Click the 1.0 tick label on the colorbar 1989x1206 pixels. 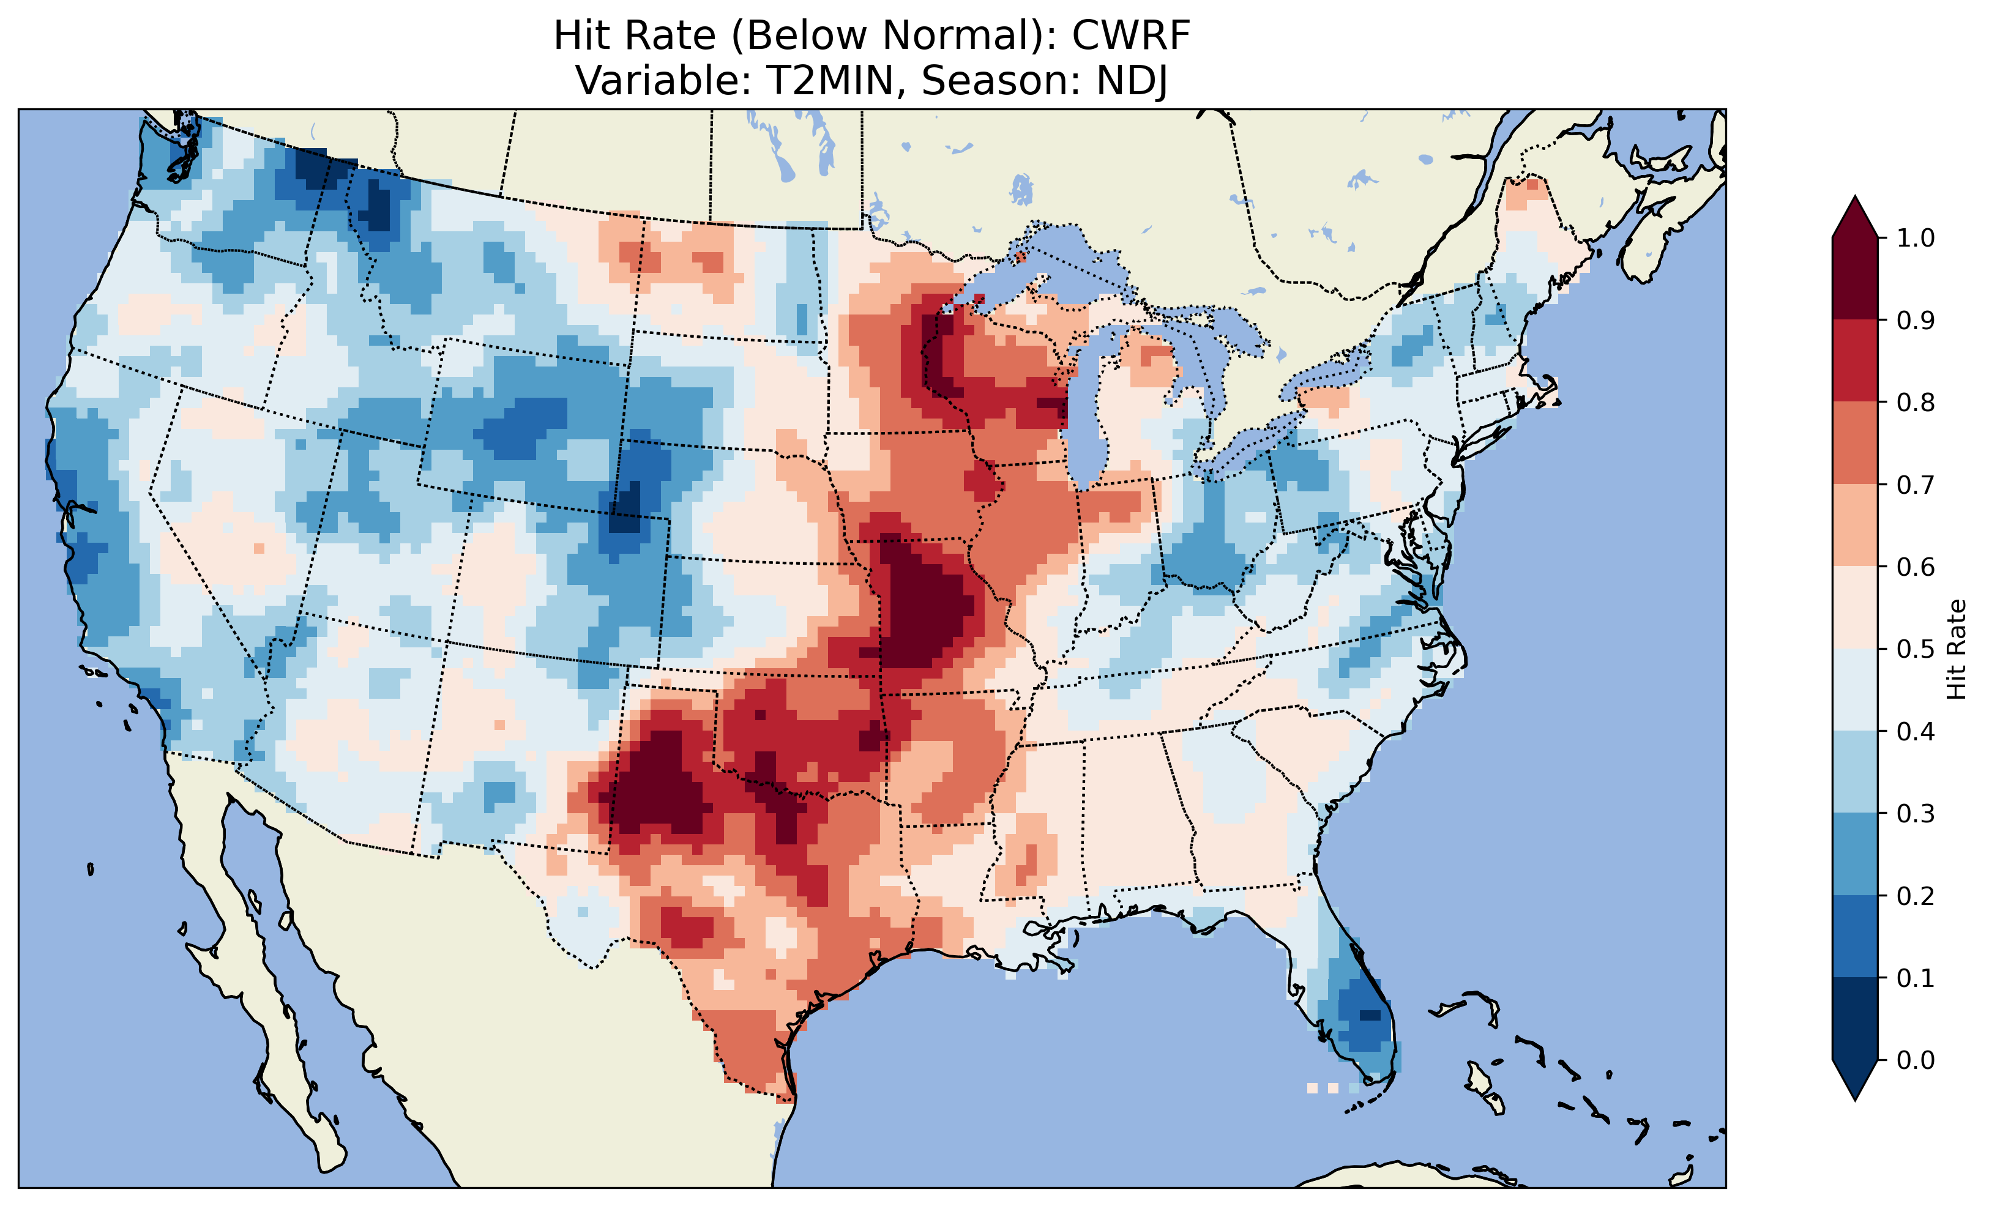[x=1916, y=238]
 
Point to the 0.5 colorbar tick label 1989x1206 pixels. [x=1916, y=649]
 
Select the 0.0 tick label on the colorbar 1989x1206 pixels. [x=1916, y=1060]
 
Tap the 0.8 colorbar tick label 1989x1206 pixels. [x=1916, y=403]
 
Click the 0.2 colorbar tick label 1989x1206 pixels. [x=1916, y=896]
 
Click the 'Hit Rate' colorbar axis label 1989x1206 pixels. [x=1957, y=649]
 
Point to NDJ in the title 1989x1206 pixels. [x=1131, y=81]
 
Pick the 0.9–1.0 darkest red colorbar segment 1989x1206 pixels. [x=1855, y=278]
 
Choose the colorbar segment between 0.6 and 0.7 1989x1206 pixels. [x=1855, y=526]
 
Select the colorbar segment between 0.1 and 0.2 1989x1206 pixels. [x=1855, y=936]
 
